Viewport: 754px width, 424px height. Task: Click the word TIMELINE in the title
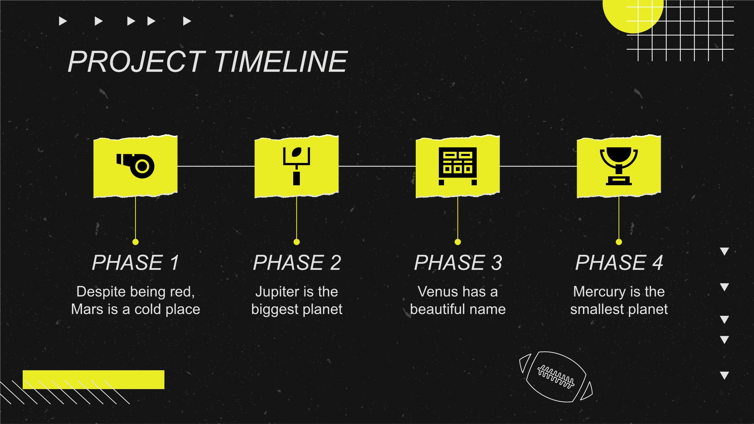click(281, 62)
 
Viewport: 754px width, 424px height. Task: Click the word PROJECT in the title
click(136, 62)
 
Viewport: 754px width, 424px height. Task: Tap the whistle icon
click(135, 166)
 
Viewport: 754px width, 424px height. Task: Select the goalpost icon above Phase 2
click(296, 166)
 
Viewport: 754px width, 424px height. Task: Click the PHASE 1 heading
click(135, 262)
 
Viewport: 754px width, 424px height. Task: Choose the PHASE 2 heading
click(297, 262)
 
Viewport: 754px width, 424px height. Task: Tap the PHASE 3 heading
click(458, 262)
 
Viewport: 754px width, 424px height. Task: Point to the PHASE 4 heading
click(619, 262)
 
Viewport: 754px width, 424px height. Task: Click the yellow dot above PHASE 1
click(135, 242)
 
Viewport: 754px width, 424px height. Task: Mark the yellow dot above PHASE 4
click(619, 242)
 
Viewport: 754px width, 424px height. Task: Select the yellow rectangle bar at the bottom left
click(94, 380)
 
